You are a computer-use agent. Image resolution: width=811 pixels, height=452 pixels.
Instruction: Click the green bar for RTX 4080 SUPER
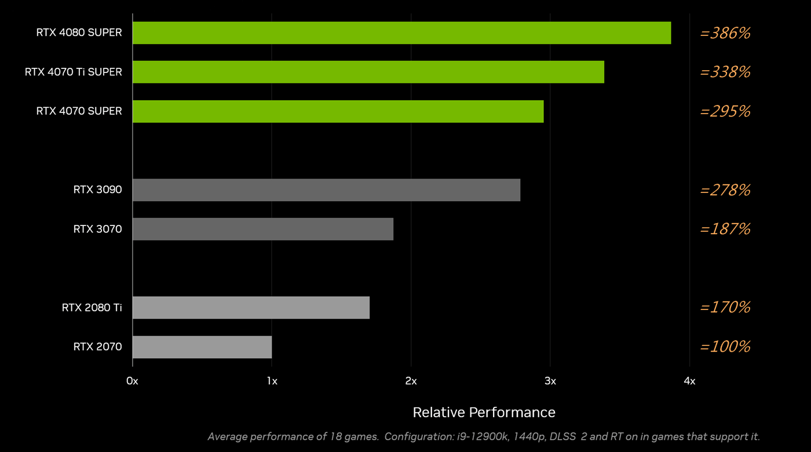coord(401,33)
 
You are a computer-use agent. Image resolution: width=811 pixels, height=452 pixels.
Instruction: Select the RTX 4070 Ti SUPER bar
coord(368,72)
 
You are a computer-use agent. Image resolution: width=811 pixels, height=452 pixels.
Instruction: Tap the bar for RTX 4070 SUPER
coord(338,111)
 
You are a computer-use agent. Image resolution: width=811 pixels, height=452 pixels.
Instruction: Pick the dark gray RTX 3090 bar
coord(326,190)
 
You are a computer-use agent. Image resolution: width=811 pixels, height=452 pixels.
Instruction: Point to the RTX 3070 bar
coord(263,229)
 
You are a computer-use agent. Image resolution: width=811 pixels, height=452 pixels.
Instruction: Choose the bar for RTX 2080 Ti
coord(251,308)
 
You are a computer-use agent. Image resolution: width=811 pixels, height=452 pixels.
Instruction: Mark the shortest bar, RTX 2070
coord(202,347)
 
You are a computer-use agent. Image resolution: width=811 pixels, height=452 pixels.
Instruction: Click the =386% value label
coord(725,33)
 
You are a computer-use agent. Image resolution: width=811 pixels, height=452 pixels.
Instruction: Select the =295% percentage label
coord(725,111)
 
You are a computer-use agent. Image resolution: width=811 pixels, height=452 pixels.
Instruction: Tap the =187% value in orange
coord(725,229)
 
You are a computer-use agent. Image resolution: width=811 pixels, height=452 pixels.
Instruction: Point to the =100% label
coord(725,347)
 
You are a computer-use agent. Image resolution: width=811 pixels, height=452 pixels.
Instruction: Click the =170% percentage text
coord(725,307)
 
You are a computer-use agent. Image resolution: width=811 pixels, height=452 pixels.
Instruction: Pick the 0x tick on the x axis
coord(132,381)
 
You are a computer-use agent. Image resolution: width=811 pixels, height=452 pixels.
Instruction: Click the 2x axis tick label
coord(411,381)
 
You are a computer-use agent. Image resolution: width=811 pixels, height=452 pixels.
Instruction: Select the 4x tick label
coord(689,381)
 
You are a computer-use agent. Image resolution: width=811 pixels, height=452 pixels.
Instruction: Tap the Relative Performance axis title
coord(484,412)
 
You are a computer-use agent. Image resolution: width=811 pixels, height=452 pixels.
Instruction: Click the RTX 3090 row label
coord(97,189)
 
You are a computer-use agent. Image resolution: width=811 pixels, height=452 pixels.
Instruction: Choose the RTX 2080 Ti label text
coord(92,307)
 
